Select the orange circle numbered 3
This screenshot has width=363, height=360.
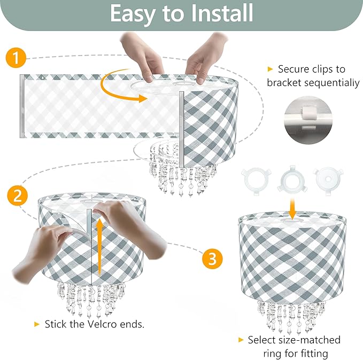click(212, 259)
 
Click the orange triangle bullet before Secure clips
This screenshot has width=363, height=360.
click(271, 69)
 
